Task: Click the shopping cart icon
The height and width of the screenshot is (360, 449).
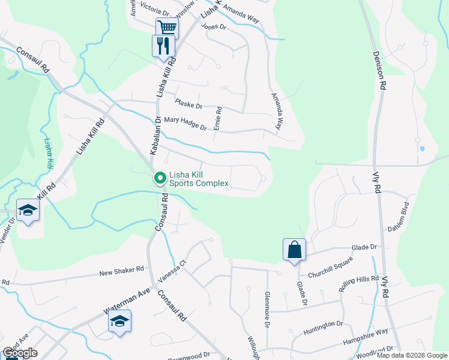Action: click(167, 28)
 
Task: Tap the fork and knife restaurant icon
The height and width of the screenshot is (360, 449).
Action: click(163, 45)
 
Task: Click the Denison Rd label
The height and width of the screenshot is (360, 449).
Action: click(378, 70)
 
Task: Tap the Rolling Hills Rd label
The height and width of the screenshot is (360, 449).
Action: click(358, 287)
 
